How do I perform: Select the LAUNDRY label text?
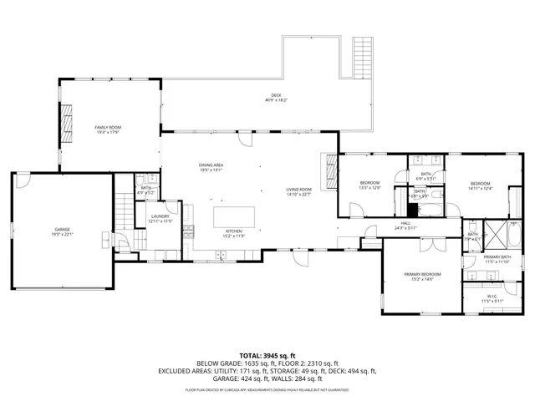(160, 218)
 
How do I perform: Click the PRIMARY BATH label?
(496, 259)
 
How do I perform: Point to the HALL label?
(405, 226)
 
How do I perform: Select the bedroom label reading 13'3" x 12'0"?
(369, 188)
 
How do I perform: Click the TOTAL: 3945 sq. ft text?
(267, 354)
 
